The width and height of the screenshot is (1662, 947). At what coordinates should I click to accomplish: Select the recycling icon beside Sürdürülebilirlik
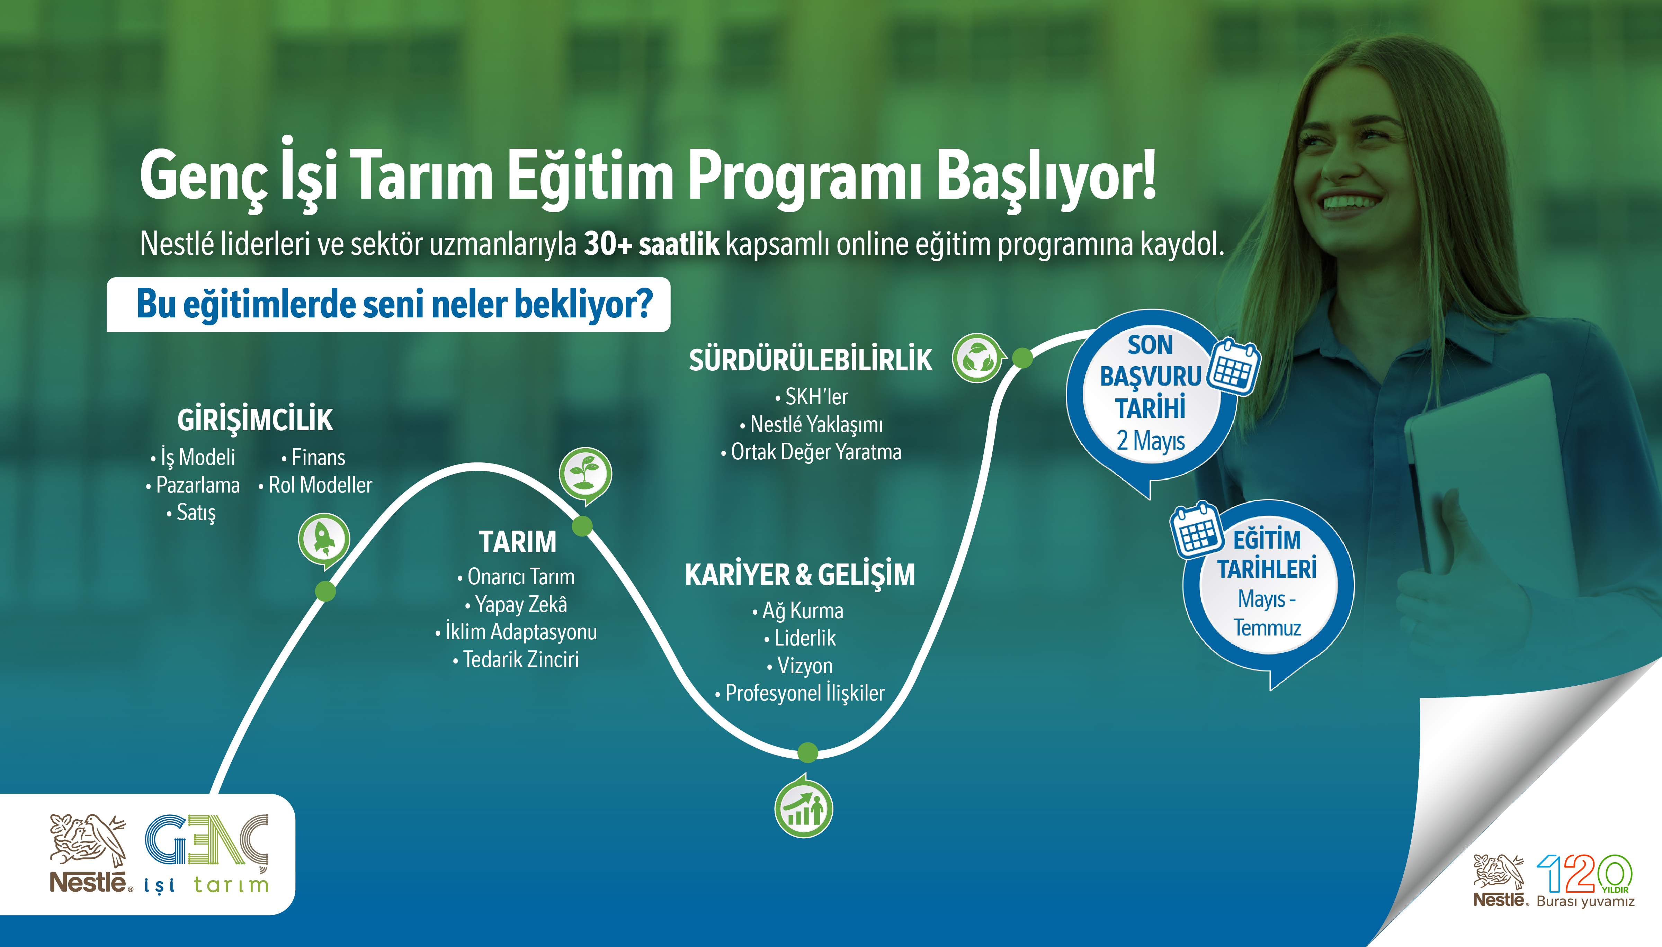[x=977, y=358]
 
